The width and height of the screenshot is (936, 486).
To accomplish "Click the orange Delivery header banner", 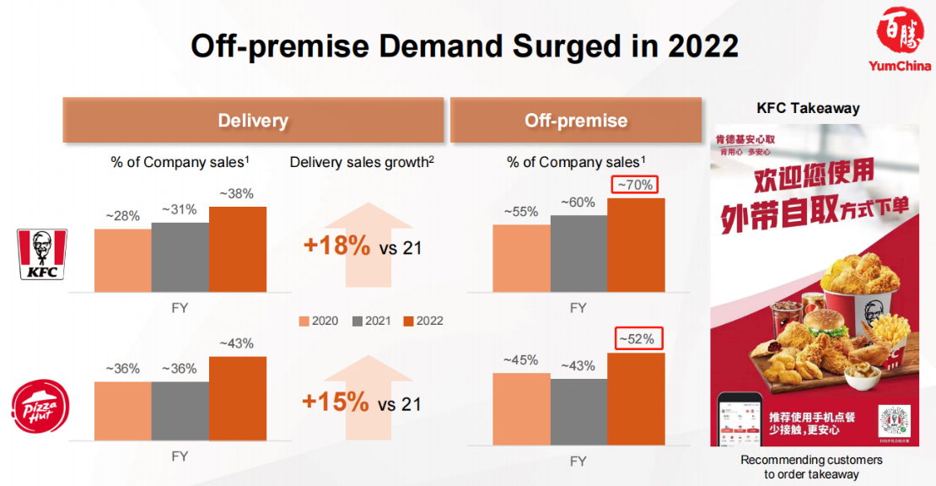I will click(x=253, y=121).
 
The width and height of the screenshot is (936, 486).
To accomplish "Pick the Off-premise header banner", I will click(x=576, y=121).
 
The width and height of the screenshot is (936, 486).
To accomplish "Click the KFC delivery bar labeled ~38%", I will click(x=237, y=249).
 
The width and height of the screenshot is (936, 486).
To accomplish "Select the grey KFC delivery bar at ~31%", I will click(x=180, y=256).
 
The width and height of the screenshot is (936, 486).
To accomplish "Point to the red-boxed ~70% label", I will click(x=636, y=185).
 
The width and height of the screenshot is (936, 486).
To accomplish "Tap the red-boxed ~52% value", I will click(x=636, y=338).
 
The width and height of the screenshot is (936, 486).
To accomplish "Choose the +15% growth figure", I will click(x=336, y=402).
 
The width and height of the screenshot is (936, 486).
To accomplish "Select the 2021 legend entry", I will click(x=371, y=321).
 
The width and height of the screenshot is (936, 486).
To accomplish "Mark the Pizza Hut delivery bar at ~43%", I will click(x=237, y=397).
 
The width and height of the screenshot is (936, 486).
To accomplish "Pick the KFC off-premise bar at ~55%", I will click(x=521, y=258).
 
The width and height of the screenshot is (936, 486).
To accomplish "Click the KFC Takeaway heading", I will click(x=808, y=108).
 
